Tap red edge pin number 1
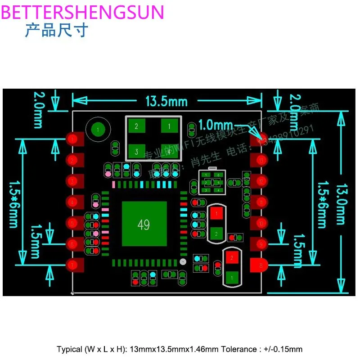[75, 139]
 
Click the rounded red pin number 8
[258, 265]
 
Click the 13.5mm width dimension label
[166, 101]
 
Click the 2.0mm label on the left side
[39, 110]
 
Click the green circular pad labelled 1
[98, 130]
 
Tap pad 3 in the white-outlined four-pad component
[136, 151]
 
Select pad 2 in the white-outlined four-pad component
[136, 127]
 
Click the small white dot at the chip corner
[182, 261]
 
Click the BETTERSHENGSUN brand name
[83, 12]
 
